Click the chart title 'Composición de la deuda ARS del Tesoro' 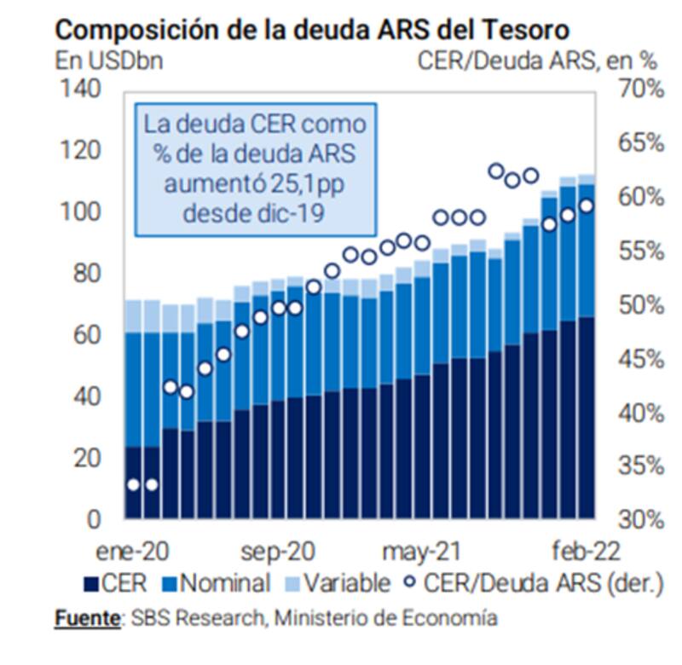pos(312,30)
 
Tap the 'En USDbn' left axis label pos(109,61)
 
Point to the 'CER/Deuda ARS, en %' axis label pos(538,61)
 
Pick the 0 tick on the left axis pos(95,518)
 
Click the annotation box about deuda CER pos(254,167)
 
